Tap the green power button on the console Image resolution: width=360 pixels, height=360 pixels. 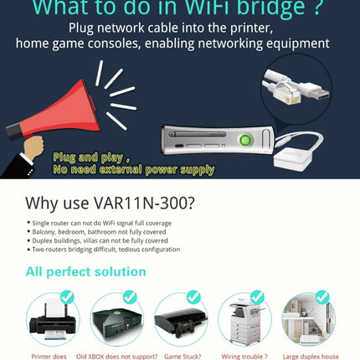pyautogui.click(x=245, y=140)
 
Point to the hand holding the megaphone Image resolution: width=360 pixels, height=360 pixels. pyautogui.click(x=32, y=149)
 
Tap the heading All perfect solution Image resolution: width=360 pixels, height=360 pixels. pyautogui.click(x=85, y=271)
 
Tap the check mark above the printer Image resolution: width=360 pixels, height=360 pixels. pyautogui.click(x=66, y=297)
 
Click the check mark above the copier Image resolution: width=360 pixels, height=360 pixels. pyautogui.click(x=257, y=297)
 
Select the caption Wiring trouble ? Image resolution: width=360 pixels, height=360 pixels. pyautogui.click(x=244, y=355)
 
